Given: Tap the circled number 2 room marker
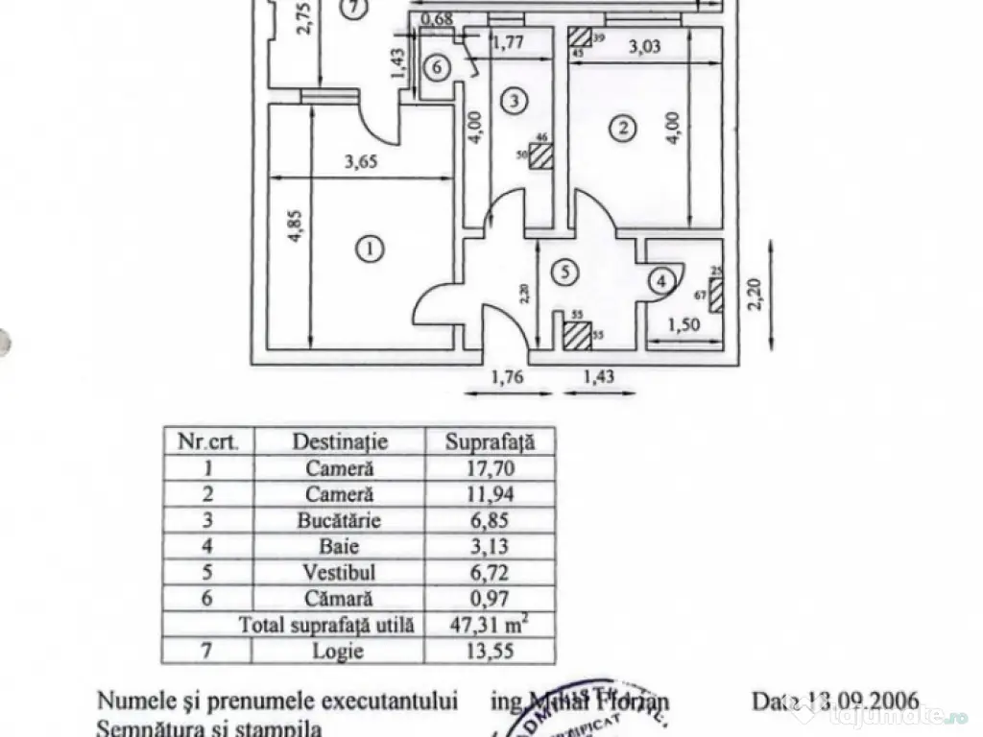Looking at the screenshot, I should point(624,127).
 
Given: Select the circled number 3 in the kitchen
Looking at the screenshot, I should point(515,100).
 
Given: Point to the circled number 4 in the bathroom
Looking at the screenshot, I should point(660,281).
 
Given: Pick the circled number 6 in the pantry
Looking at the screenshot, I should point(436,68).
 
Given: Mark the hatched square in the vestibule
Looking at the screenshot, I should point(576,337).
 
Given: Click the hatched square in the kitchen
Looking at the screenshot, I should point(540,155).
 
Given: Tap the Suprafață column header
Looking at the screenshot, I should point(488,441).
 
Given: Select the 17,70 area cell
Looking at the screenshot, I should point(488,469).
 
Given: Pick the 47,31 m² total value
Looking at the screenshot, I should point(490,626).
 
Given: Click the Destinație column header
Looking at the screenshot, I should point(340,441).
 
